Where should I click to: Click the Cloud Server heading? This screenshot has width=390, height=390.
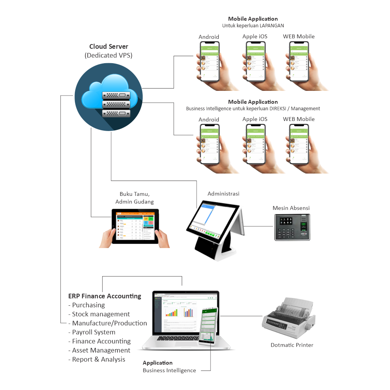click(108, 47)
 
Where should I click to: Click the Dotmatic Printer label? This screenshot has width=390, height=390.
click(292, 345)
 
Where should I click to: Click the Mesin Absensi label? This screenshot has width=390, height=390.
click(291, 208)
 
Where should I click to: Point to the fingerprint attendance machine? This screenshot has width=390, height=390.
click(292, 227)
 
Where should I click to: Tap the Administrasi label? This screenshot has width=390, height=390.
click(223, 194)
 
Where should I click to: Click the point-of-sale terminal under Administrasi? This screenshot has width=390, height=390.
click(215, 230)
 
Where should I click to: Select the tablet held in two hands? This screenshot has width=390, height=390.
click(135, 227)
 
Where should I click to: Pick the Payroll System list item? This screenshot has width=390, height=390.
click(94, 332)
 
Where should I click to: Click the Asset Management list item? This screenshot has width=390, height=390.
click(101, 350)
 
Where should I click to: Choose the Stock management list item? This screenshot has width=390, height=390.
click(101, 314)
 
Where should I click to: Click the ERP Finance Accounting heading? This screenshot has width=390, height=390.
click(105, 296)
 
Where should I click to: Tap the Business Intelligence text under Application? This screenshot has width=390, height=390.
click(169, 370)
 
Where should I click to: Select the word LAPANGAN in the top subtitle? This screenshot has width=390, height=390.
click(273, 26)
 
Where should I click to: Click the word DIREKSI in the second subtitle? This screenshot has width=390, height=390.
click(282, 108)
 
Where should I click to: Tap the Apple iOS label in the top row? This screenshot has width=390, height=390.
click(255, 37)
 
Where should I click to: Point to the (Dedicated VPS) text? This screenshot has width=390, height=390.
click(108, 56)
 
